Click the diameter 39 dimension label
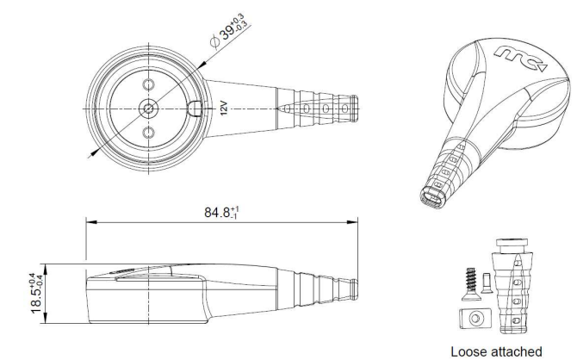229,31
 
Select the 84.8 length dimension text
221,213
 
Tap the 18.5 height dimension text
37,293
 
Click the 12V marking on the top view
224,109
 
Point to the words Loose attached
496,352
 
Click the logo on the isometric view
521,59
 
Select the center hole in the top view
149,109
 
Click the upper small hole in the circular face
149,84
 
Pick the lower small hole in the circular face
149,133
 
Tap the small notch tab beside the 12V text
195,109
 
